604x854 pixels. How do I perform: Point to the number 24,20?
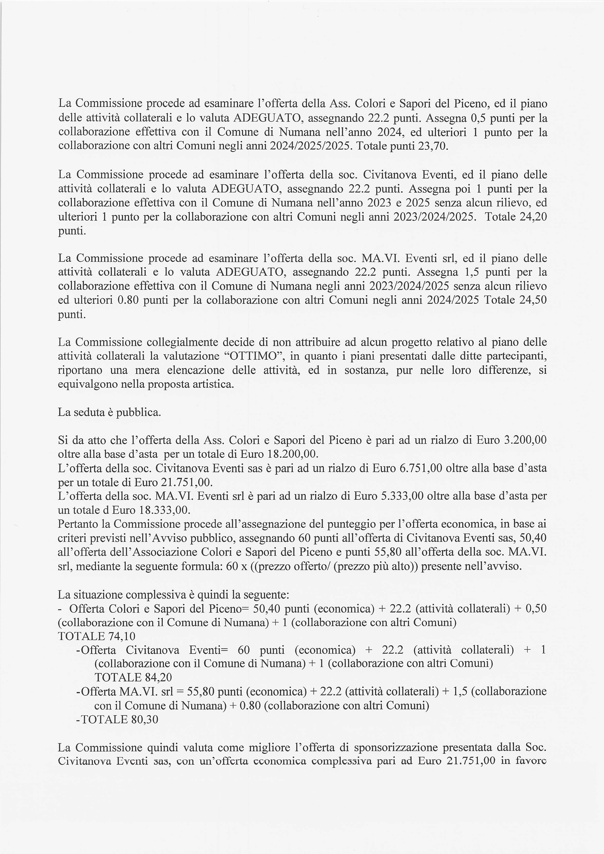tap(533, 216)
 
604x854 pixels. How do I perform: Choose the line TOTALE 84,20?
tap(133, 677)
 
